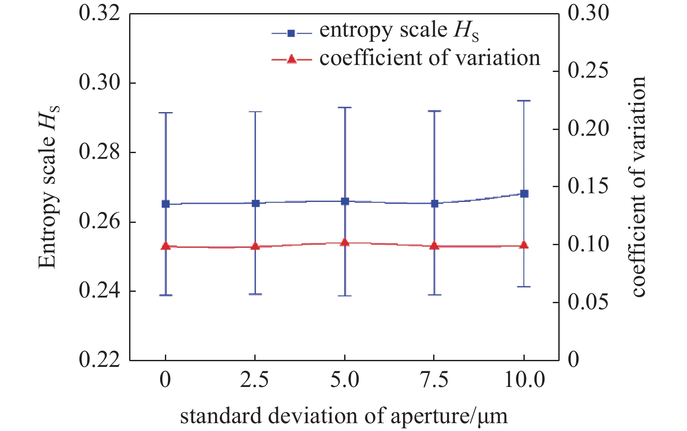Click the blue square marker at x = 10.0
coord(524,194)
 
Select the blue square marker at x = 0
coord(166,204)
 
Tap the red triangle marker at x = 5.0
coord(345,243)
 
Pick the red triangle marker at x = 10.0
coord(524,245)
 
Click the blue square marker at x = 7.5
coord(434,203)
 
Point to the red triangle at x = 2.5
coord(256,246)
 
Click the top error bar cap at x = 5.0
coord(345,107)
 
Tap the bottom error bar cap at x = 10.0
coord(524,287)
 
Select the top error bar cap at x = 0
coord(166,113)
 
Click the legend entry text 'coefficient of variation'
coord(430,58)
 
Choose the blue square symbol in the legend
coord(291,33)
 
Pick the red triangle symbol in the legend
coord(291,59)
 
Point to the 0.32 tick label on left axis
coord(99,13)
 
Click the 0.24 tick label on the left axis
coord(99,291)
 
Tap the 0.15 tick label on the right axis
coord(588,187)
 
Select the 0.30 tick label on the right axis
coord(588,13)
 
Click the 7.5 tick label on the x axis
coord(434,380)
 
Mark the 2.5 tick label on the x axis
coord(255,380)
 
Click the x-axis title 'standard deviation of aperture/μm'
coord(344,416)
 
